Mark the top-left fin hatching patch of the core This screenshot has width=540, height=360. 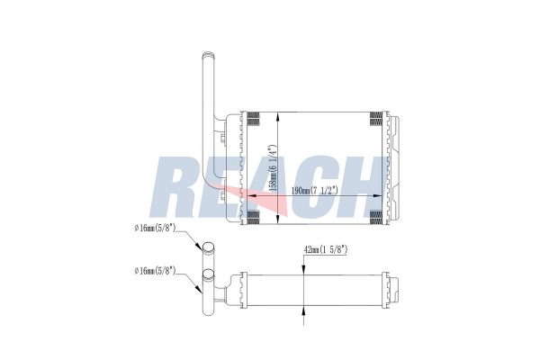pyautogui.click(x=253, y=120)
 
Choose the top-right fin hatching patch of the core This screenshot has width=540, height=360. pyautogui.click(x=375, y=120)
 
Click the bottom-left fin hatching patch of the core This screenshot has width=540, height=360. pyautogui.click(x=253, y=215)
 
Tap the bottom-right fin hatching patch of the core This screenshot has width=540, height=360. pyautogui.click(x=375, y=215)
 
